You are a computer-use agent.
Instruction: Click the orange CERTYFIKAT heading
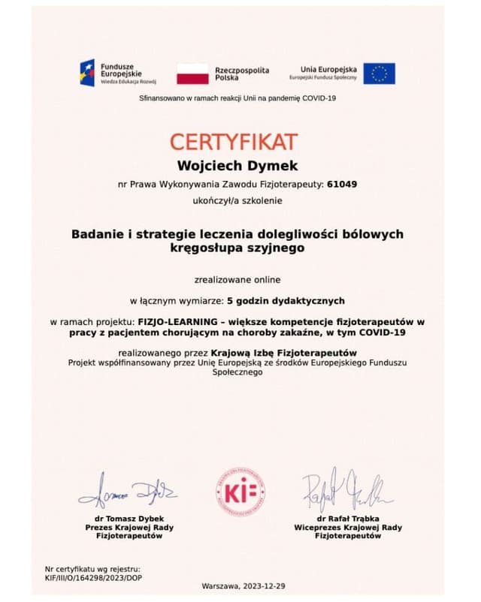233,141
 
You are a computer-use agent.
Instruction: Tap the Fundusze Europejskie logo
113,73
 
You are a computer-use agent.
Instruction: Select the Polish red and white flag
192,74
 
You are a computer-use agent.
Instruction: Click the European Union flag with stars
379,73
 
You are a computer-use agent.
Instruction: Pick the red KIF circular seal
240,491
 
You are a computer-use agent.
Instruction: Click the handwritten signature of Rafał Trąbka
347,492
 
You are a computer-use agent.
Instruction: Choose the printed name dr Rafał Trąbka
348,519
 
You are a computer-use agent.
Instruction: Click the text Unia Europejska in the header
328,68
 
